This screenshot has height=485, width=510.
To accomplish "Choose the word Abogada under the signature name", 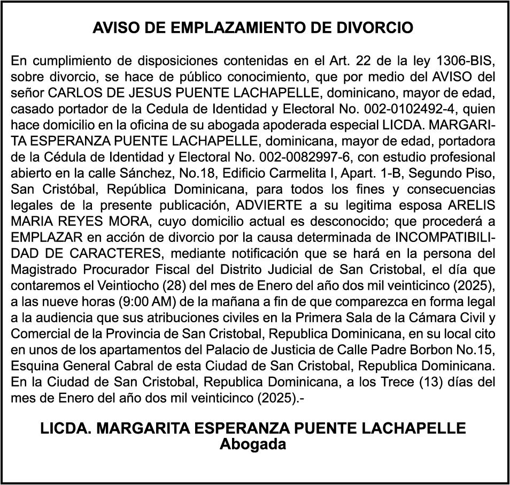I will (253, 444).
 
